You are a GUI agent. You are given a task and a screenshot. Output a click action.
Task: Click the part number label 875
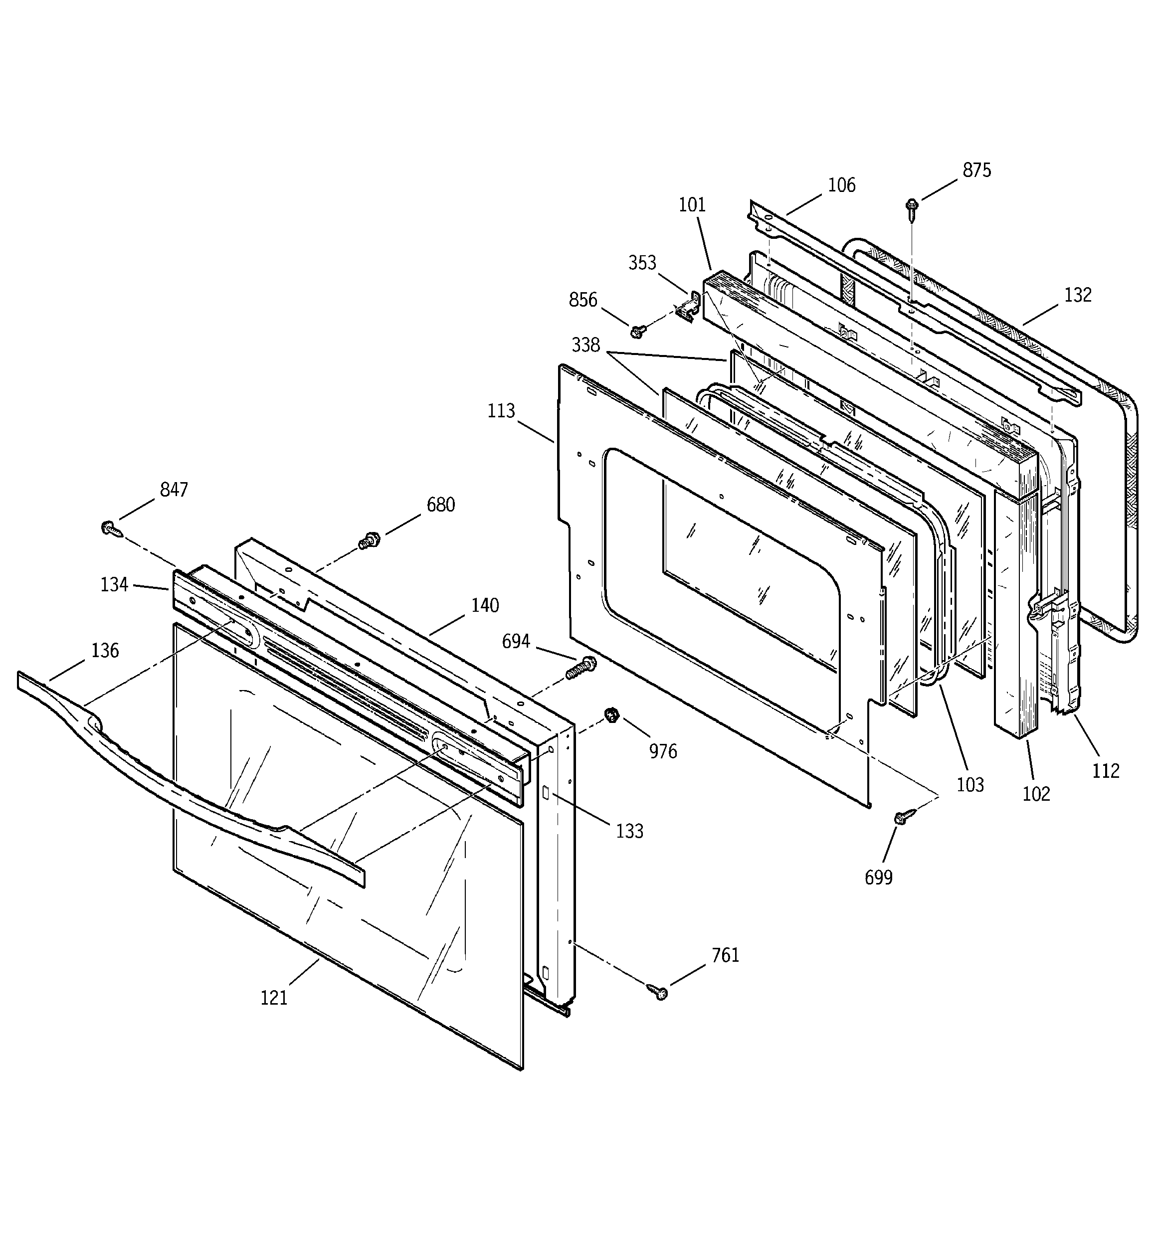tap(977, 170)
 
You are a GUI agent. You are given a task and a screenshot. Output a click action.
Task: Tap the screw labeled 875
tap(912, 210)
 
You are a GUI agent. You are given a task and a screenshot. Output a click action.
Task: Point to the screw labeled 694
tap(580, 668)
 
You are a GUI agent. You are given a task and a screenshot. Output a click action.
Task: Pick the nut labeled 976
tap(611, 715)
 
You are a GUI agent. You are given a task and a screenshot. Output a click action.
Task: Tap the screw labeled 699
tap(904, 817)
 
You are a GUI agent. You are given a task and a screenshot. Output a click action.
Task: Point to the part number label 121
tap(274, 998)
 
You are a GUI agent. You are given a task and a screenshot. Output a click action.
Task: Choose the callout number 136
tap(105, 651)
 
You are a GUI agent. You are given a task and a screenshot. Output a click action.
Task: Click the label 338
tap(585, 345)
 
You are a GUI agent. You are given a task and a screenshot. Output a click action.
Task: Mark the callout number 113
tap(501, 411)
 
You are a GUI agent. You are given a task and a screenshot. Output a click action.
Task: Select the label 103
tap(970, 785)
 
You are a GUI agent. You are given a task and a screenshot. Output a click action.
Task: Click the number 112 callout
tap(1106, 771)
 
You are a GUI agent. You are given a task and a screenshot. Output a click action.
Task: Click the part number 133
tap(629, 831)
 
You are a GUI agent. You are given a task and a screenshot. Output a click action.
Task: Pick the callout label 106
tap(841, 185)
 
